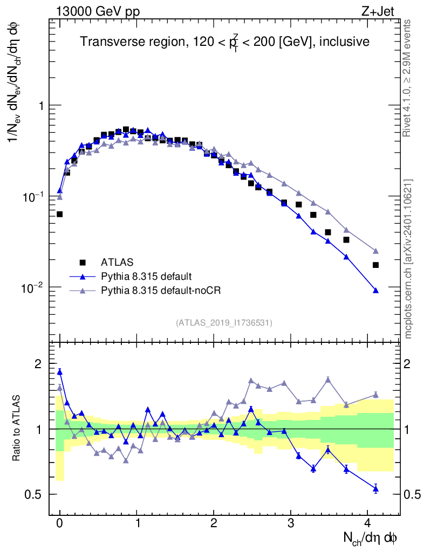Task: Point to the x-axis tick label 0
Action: pos(60,523)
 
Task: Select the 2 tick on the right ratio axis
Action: pos(408,364)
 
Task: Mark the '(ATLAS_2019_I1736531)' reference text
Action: pos(224,323)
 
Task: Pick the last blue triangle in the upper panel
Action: pos(375,291)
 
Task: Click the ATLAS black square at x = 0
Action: pos(60,214)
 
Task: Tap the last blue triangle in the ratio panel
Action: pos(375,489)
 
